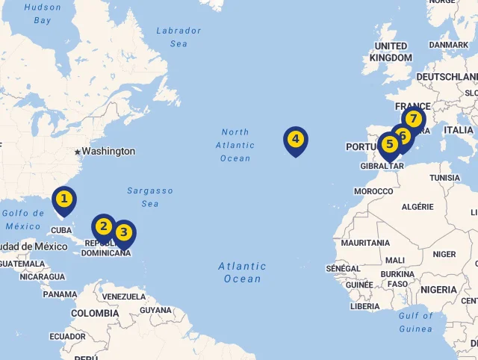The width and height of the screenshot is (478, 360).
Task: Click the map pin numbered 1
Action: point(64,199)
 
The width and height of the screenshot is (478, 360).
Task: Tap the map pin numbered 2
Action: point(103,227)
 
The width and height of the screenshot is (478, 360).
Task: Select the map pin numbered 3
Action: point(123,233)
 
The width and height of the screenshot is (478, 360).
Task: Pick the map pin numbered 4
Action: point(296,140)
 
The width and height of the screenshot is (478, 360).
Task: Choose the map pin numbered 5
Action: point(388,145)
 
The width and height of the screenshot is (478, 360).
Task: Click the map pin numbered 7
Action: point(412,120)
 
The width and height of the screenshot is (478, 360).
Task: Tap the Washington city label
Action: point(108,152)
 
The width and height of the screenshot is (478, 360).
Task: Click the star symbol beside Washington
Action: point(77,152)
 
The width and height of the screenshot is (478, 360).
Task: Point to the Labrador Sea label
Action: point(179,37)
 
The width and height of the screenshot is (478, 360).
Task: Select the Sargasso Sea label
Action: point(149,197)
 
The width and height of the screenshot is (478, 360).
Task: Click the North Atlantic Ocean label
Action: point(235,145)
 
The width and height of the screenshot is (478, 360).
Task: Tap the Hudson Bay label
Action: point(43,13)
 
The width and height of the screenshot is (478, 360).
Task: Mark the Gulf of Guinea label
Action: point(415,322)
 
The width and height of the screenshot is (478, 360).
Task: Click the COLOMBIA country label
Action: point(95,314)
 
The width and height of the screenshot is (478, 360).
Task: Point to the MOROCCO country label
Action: point(373,192)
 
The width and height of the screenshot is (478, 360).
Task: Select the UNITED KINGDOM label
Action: point(391,52)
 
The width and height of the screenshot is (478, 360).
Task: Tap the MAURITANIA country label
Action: point(365,243)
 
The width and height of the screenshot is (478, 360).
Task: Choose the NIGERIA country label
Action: point(438,290)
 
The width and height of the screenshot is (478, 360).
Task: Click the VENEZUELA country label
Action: point(124,297)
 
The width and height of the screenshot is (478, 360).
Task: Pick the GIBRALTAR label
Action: point(382,166)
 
